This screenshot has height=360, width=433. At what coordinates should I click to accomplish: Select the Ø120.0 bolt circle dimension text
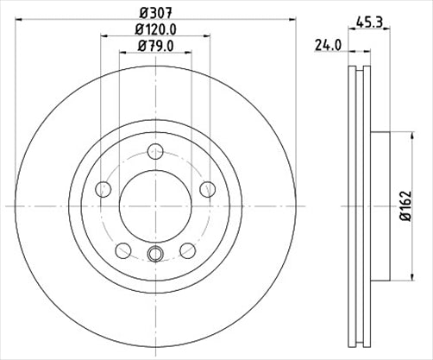tap(156, 33)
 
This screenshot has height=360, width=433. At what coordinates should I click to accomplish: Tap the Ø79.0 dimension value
tap(156, 50)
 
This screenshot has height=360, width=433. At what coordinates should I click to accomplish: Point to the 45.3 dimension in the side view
tap(369, 25)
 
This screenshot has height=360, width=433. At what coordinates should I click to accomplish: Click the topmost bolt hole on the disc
tap(156, 151)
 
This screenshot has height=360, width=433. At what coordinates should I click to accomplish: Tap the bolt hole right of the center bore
tap(208, 188)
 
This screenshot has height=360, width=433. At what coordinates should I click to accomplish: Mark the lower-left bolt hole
tap(124, 250)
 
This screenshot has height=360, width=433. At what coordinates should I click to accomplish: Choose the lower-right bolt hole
tap(187, 250)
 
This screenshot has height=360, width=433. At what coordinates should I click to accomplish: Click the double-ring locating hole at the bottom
tap(156, 253)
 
